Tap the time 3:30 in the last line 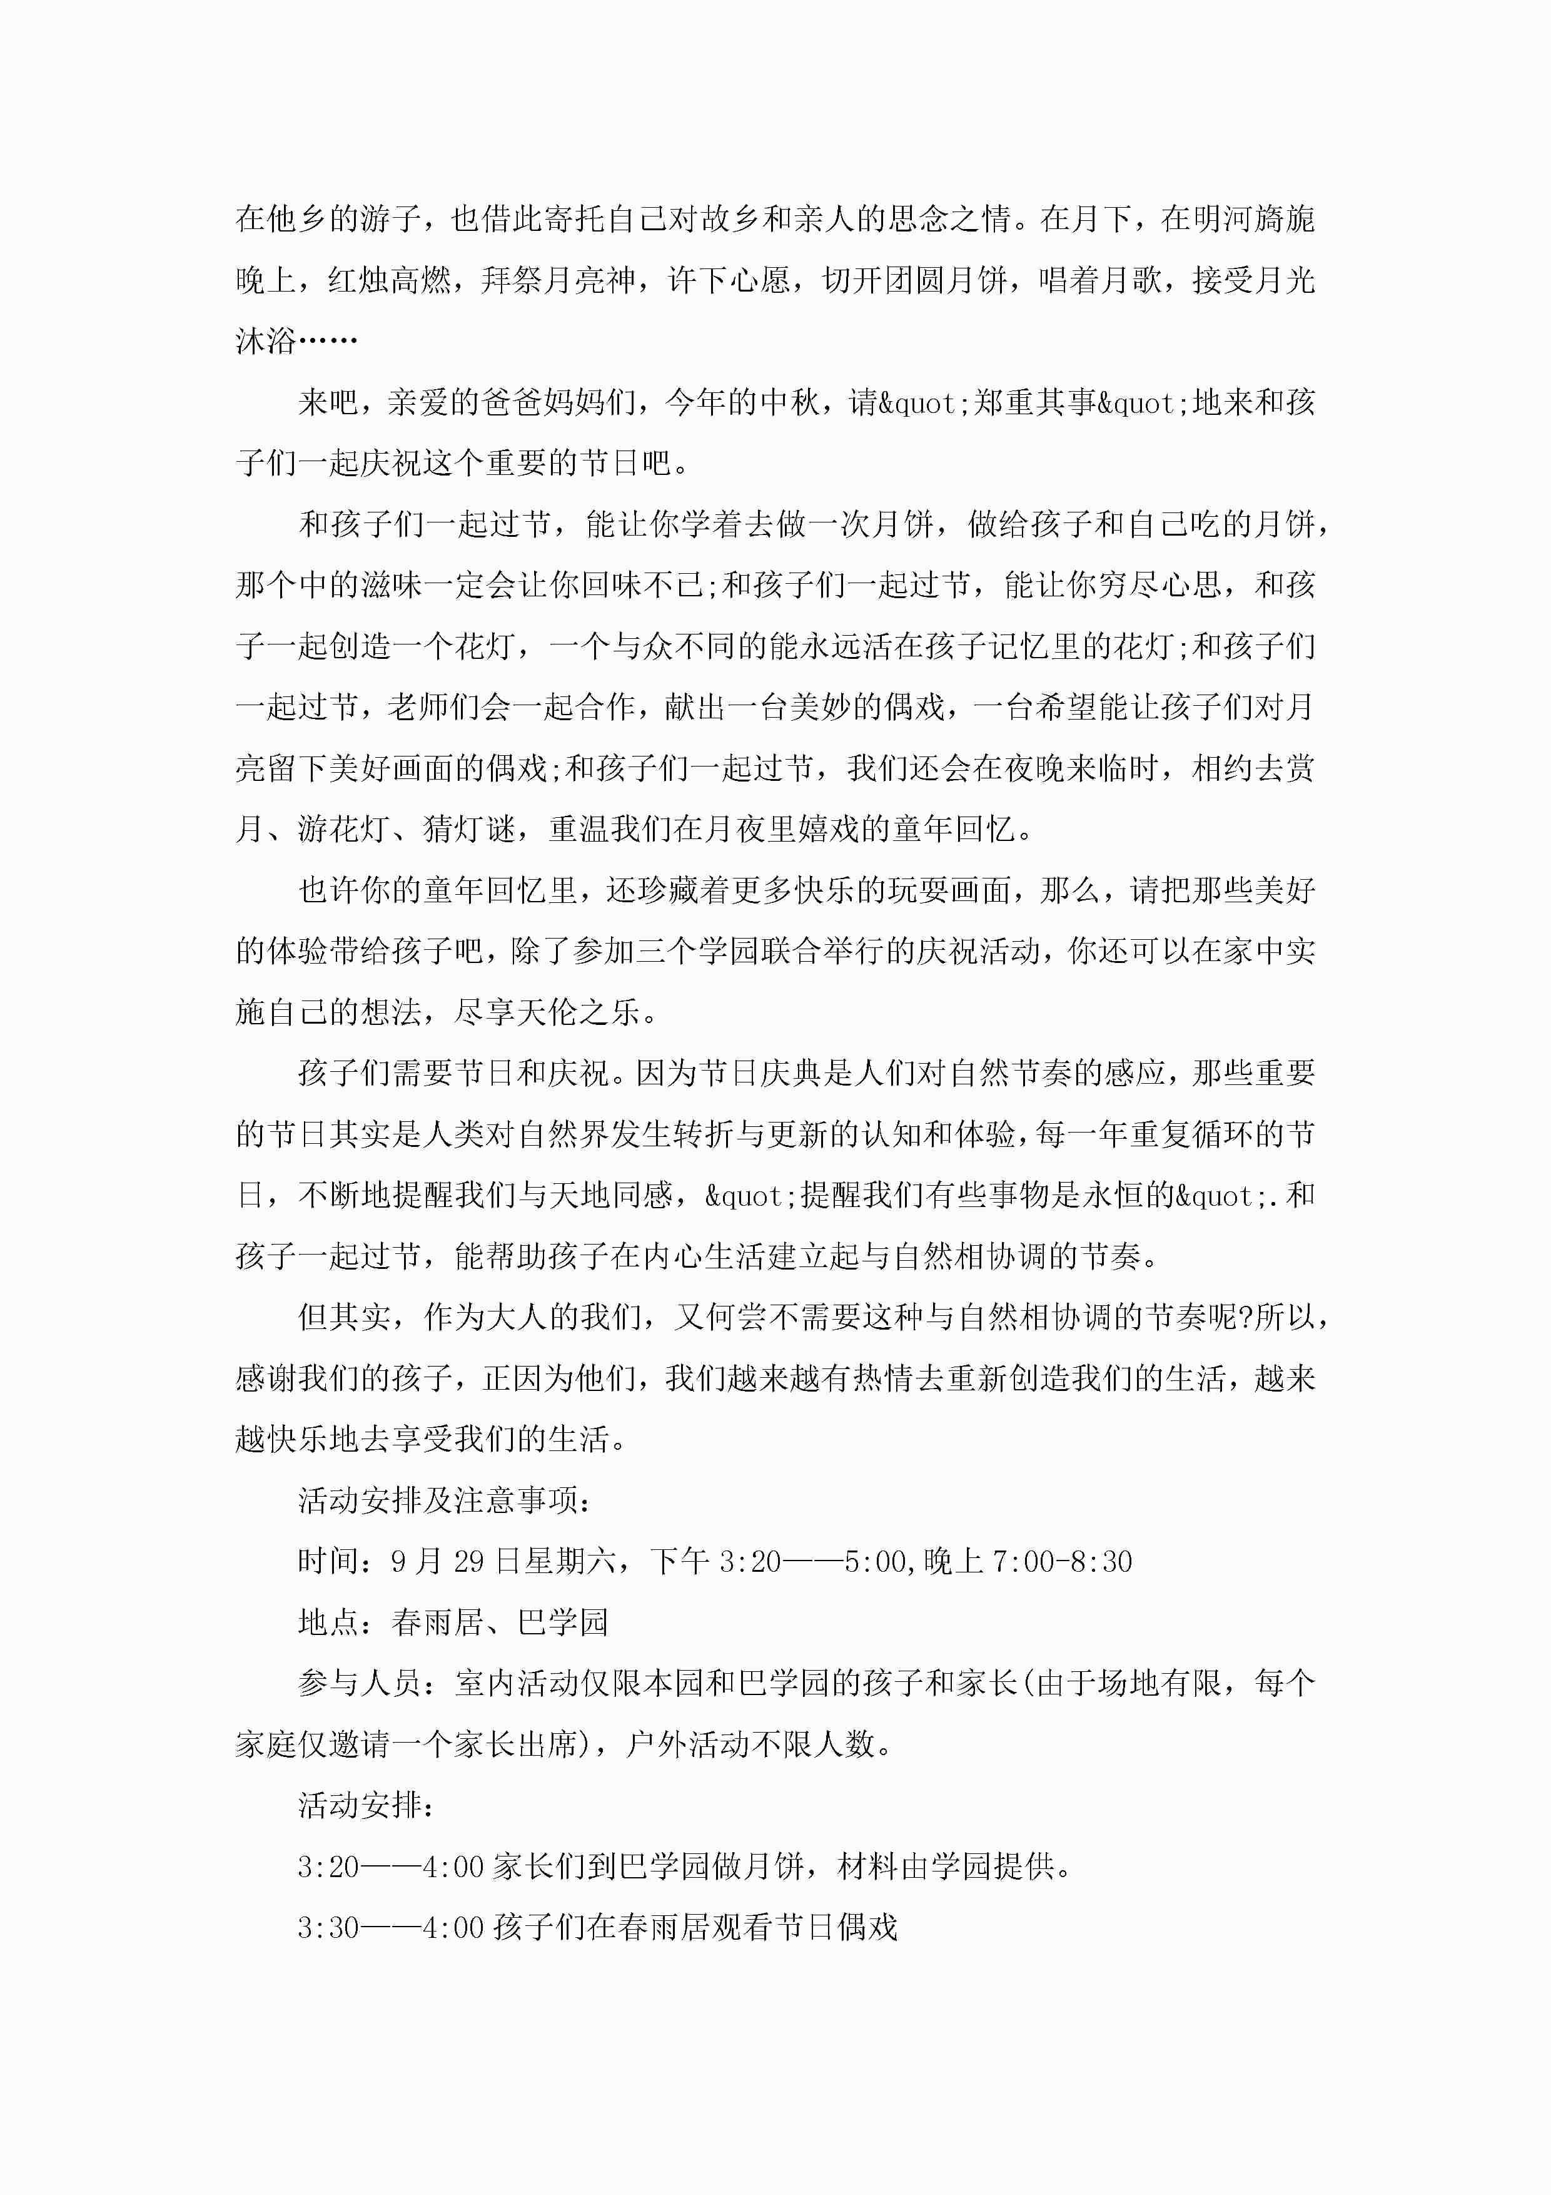(328, 1927)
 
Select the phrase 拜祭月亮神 (558, 280)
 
